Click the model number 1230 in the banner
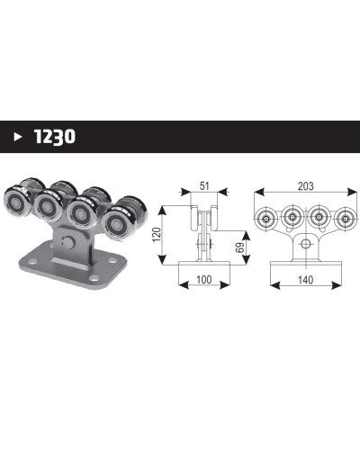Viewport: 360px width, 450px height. (x=55, y=137)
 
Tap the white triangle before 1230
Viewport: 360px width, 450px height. (x=18, y=137)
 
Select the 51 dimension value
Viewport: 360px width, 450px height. (x=204, y=186)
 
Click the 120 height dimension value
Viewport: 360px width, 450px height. (x=157, y=235)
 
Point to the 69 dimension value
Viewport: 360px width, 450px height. (x=240, y=247)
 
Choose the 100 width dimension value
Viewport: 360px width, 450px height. (x=204, y=280)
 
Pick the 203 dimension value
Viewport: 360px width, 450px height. (x=306, y=186)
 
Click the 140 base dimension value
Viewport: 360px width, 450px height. (x=306, y=280)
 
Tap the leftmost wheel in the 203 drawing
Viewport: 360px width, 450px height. (x=265, y=218)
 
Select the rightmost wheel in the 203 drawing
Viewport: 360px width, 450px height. (x=346, y=218)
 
